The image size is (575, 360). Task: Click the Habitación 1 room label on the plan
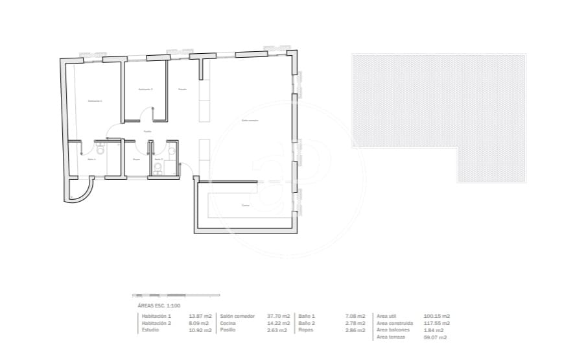click(95, 101)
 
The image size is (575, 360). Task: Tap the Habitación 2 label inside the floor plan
click(145, 89)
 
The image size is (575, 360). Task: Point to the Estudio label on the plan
click(183, 89)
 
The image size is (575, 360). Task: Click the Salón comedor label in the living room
click(250, 120)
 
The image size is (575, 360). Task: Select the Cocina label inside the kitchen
click(246, 206)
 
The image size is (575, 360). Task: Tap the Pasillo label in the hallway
click(148, 132)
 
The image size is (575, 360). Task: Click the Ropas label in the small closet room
click(137, 159)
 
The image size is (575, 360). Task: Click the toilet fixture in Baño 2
click(172, 151)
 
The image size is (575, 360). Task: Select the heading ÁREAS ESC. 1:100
click(159, 305)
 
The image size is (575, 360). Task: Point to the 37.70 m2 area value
click(279, 316)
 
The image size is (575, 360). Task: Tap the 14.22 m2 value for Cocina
click(279, 323)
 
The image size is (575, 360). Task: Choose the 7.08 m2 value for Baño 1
click(357, 316)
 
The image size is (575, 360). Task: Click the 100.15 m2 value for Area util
click(437, 316)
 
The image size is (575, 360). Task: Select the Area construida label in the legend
click(395, 323)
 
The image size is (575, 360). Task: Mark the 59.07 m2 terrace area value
click(435, 337)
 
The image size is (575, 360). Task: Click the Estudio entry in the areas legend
click(150, 330)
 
